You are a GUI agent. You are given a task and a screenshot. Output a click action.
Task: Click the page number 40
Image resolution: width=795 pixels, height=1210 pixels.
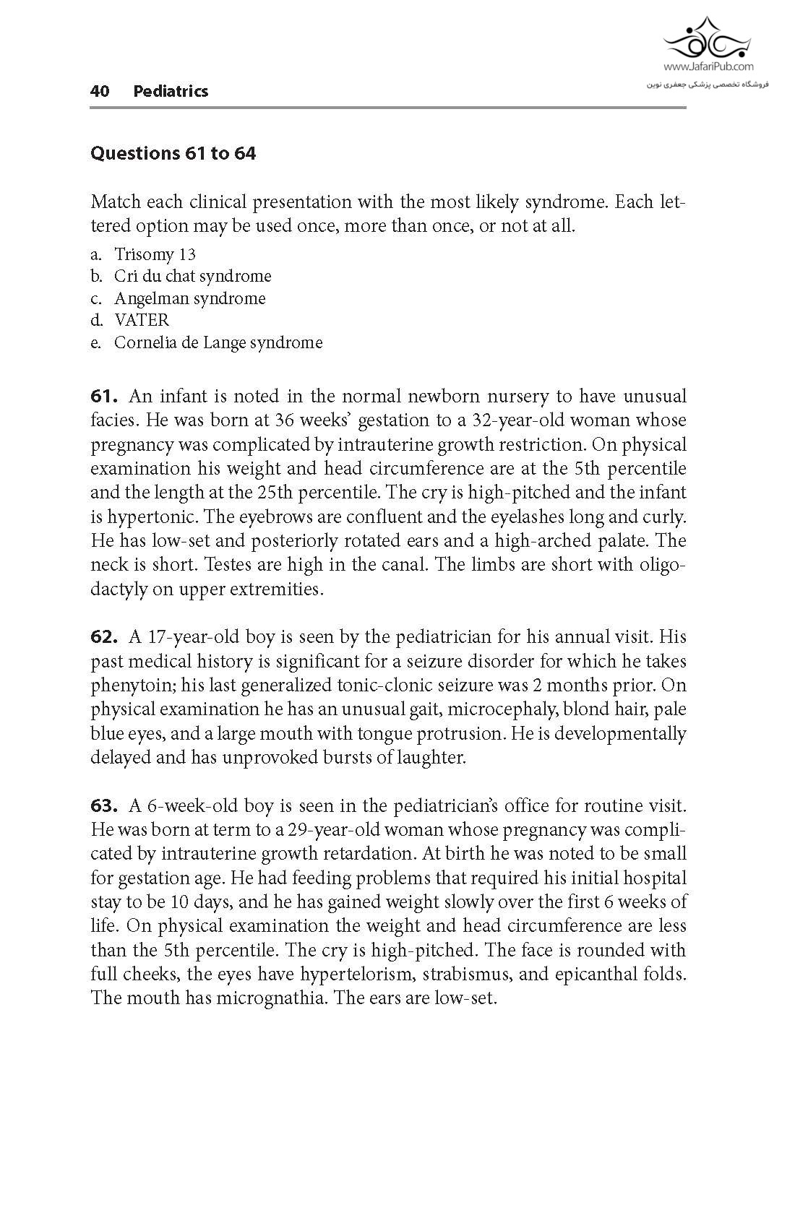(100, 91)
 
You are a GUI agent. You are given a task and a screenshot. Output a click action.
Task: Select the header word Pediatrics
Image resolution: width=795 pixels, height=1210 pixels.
(171, 91)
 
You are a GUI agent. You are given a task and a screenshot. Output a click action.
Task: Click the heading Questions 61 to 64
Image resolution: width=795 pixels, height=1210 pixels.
(173, 153)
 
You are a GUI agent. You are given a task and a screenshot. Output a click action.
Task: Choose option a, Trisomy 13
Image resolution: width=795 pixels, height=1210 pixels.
(155, 254)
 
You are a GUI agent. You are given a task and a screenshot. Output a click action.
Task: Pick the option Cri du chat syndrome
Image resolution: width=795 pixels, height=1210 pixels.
(192, 276)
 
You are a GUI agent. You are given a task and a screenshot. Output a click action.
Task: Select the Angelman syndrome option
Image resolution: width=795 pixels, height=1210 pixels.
(189, 298)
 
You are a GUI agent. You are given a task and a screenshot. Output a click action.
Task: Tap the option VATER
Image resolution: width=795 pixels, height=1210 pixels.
(141, 320)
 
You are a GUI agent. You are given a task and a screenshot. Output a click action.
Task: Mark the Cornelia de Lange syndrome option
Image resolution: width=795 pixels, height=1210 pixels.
(218, 342)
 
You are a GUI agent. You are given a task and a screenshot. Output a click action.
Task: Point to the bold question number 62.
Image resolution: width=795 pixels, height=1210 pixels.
(104, 636)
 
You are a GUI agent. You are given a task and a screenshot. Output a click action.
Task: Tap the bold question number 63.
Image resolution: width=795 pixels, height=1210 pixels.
(104, 805)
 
